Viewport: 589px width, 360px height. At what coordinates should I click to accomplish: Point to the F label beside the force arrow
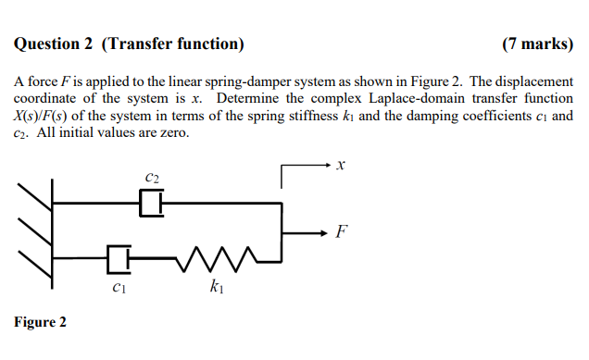343,230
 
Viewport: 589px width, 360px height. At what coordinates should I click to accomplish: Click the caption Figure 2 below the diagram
40,322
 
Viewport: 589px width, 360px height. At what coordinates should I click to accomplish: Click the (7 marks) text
537,43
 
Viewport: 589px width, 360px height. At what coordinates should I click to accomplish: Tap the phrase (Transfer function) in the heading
173,43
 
